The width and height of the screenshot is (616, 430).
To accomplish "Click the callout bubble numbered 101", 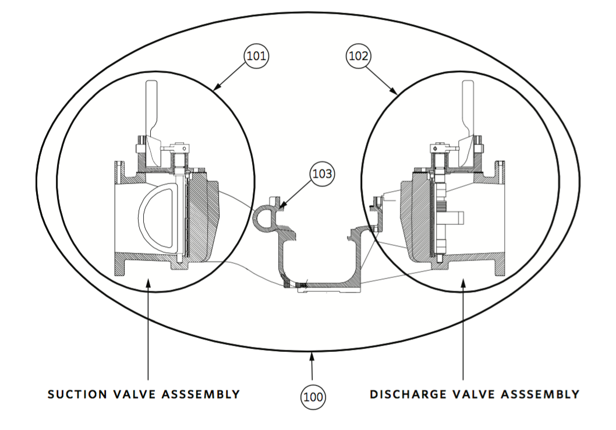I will coord(256,57).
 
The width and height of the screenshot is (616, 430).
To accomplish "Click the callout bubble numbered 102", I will coord(359,57).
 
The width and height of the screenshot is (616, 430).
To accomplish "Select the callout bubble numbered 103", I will coord(323,174).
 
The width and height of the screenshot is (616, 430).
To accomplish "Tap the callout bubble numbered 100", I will coord(313,397).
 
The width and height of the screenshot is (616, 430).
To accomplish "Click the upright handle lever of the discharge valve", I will coord(468,111).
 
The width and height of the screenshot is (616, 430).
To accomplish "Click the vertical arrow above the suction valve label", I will coord(148,326).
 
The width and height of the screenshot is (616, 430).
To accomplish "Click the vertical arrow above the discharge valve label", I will coord(463,326).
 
